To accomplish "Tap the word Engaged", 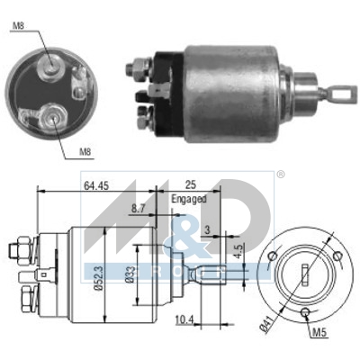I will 187,198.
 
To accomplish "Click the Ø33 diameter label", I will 131,276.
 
